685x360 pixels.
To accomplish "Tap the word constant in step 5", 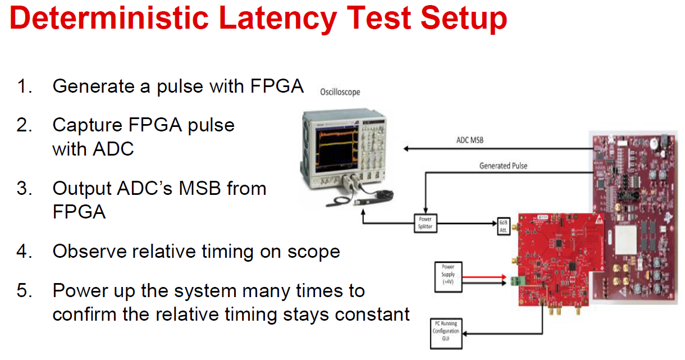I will tap(373, 314).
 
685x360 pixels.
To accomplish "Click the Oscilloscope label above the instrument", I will tap(340, 92).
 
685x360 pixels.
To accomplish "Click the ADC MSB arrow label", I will tap(469, 140).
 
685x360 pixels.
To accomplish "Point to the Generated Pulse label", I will tap(503, 166).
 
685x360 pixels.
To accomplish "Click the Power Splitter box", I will tap(425, 223).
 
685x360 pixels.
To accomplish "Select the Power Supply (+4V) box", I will tap(448, 275).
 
